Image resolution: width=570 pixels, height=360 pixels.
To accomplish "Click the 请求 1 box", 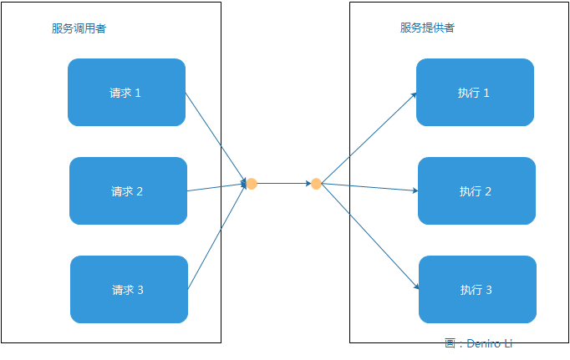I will point(126,93).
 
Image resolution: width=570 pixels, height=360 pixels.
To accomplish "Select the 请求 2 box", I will point(128,191).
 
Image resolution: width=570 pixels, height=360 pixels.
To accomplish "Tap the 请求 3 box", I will point(129,290).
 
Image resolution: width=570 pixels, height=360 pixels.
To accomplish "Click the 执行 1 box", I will point(475,93).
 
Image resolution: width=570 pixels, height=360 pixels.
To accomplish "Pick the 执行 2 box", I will point(476,191).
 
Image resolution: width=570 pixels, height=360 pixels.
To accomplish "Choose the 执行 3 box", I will point(477,290).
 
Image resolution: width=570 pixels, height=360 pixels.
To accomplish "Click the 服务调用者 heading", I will point(79,28).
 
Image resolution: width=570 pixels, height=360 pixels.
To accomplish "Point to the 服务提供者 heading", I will point(427,28).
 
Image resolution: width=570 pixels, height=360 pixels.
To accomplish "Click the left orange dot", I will point(251,183).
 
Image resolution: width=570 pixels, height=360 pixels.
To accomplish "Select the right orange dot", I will point(316,184).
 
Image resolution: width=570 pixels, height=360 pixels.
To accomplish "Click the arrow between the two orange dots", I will point(283,183).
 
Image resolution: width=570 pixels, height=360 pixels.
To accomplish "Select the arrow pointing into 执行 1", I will point(369,137).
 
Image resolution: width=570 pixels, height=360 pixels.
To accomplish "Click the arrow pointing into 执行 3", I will point(369,236).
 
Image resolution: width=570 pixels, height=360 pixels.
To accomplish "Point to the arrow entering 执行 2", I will point(369,187).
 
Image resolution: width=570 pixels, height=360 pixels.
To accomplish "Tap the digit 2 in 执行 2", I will point(488,191).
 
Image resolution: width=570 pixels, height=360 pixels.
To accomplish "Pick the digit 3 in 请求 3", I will point(140,290).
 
